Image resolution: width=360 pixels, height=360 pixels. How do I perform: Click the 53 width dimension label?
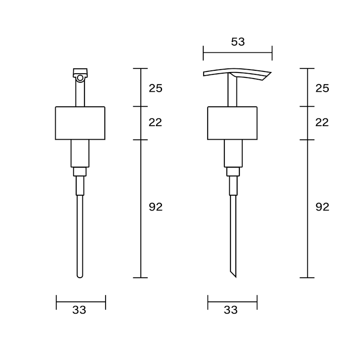click(238, 42)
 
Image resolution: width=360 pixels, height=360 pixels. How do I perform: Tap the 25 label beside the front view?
click(156, 88)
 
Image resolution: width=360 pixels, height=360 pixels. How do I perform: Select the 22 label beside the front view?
click(156, 123)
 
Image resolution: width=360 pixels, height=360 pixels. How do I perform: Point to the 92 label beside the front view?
click(156, 207)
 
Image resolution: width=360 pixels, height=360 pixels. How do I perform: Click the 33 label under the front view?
click(79, 310)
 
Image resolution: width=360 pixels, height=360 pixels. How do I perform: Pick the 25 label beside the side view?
click(322, 88)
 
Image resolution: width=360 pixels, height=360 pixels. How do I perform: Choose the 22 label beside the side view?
click(322, 123)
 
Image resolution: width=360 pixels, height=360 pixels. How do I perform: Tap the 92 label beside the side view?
click(322, 207)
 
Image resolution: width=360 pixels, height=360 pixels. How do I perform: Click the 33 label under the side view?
click(231, 310)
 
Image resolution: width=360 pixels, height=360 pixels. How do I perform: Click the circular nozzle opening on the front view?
click(80, 78)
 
